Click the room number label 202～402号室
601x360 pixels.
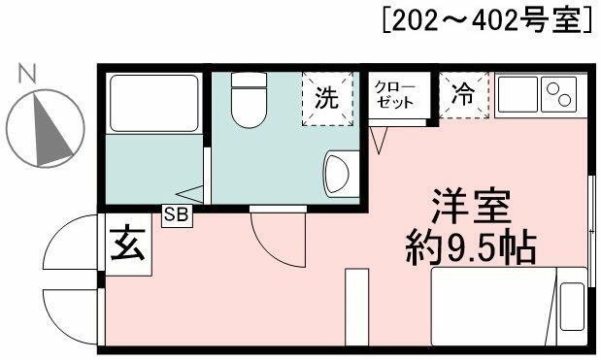[487, 20]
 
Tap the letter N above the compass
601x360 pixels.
[27, 74]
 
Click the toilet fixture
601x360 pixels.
[250, 100]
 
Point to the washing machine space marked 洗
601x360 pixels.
[327, 99]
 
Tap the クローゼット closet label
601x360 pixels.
[395, 94]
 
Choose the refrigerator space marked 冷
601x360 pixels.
[464, 94]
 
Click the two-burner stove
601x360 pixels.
[559, 94]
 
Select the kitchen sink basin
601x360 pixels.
[518, 94]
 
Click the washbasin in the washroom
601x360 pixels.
[337, 174]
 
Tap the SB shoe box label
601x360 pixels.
[177, 215]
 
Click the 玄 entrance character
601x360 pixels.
[128, 244]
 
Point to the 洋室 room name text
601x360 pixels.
[471, 207]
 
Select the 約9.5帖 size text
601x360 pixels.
[471, 246]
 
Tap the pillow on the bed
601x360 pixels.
[573, 307]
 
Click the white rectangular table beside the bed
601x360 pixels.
[357, 307]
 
